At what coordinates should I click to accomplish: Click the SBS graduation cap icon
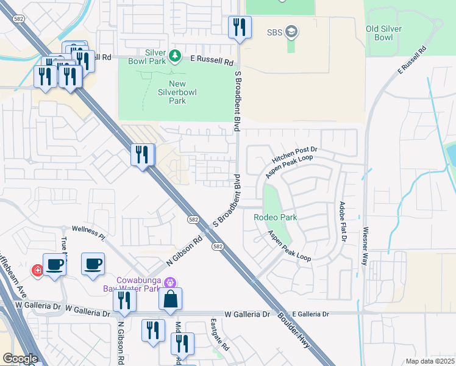click(291, 32)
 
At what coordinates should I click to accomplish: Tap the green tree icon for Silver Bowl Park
click(175, 56)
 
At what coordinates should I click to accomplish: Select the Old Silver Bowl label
click(387, 34)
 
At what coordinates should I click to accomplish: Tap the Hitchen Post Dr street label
click(298, 154)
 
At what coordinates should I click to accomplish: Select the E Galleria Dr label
click(310, 314)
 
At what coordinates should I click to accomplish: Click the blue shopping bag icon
click(171, 298)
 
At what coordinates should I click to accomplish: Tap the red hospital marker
click(37, 270)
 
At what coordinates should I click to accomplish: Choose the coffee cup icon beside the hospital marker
click(55, 264)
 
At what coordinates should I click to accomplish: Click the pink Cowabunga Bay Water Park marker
click(170, 282)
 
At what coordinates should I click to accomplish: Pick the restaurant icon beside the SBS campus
click(239, 27)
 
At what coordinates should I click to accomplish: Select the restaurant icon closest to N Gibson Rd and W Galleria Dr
click(124, 300)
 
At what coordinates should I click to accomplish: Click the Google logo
click(20, 359)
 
